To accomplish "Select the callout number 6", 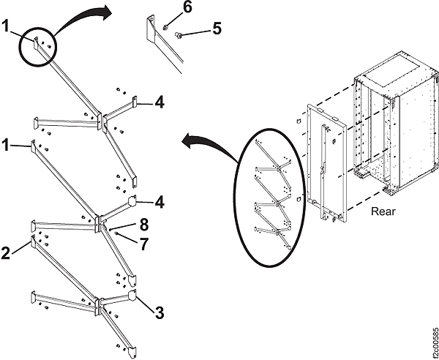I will point(187,8).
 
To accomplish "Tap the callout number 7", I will point(143,244).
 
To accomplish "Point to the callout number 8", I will point(144,225).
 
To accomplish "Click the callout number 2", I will point(6,253).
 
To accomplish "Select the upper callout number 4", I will point(158,103).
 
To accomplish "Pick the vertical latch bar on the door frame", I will point(322,168).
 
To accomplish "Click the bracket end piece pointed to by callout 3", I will point(133,296).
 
